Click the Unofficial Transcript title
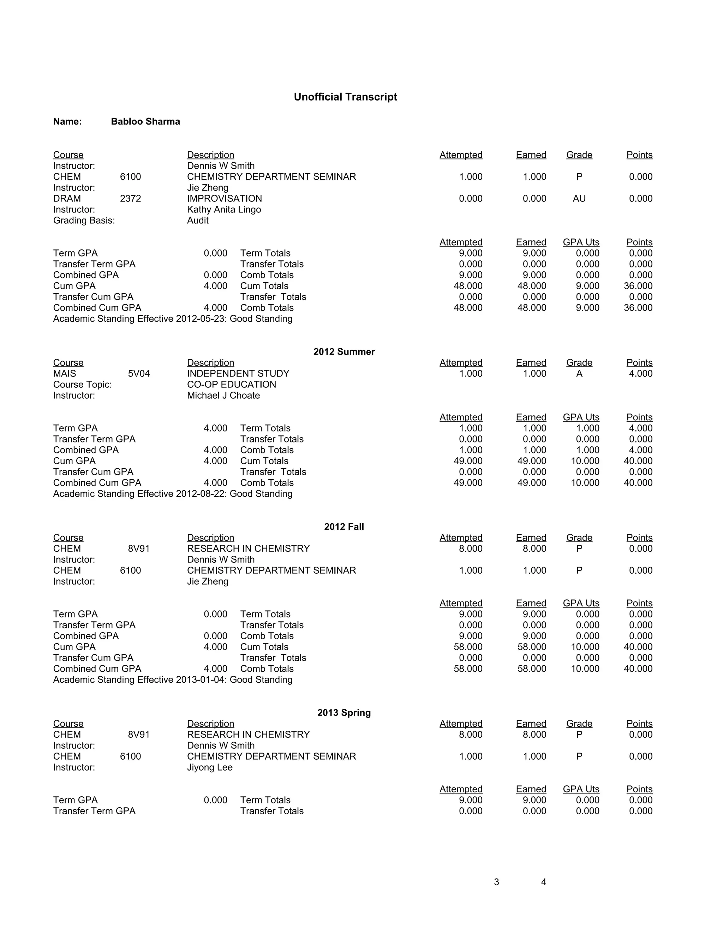pyautogui.click(x=345, y=97)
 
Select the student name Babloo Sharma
pyautogui.click(x=145, y=122)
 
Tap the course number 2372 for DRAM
pyautogui.click(x=130, y=199)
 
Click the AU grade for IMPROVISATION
pyautogui.click(x=579, y=199)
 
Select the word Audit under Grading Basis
pyautogui.click(x=198, y=221)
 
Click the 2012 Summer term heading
pyautogui.click(x=344, y=352)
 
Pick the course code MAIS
pyautogui.click(x=65, y=374)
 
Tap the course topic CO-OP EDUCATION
pyautogui.click(x=231, y=385)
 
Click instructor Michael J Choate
pyautogui.click(x=223, y=396)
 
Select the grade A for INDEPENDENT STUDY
pyautogui.click(x=579, y=374)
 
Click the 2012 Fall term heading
pyautogui.click(x=344, y=527)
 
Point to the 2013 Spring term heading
pyautogui.click(x=344, y=713)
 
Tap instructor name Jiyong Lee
pyautogui.click(x=210, y=768)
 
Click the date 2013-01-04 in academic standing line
pyautogui.click(x=201, y=680)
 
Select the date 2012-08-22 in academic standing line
pyautogui.click(x=201, y=494)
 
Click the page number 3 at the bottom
pyautogui.click(x=496, y=882)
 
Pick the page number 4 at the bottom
pyautogui.click(x=544, y=882)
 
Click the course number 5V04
pyautogui.click(x=139, y=374)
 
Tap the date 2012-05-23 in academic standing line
pyautogui.click(x=201, y=319)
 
